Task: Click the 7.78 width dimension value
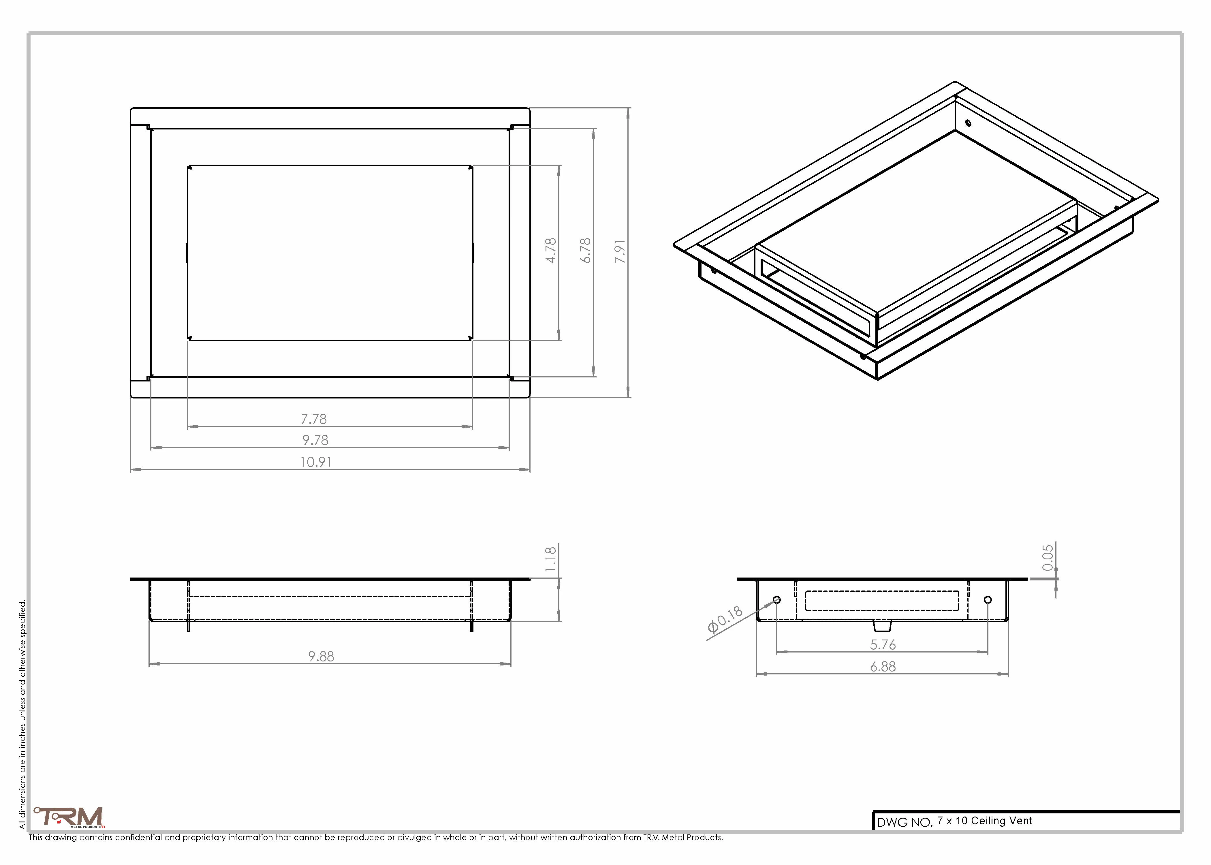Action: tap(314, 419)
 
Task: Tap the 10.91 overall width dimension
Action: tap(316, 462)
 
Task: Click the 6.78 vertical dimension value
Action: tap(585, 250)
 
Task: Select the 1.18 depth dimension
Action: tap(551, 559)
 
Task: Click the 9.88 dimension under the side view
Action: tap(321, 656)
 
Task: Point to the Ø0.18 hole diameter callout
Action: tap(725, 619)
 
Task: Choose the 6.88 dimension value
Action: tap(883, 666)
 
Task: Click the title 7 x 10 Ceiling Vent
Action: tap(985, 821)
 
